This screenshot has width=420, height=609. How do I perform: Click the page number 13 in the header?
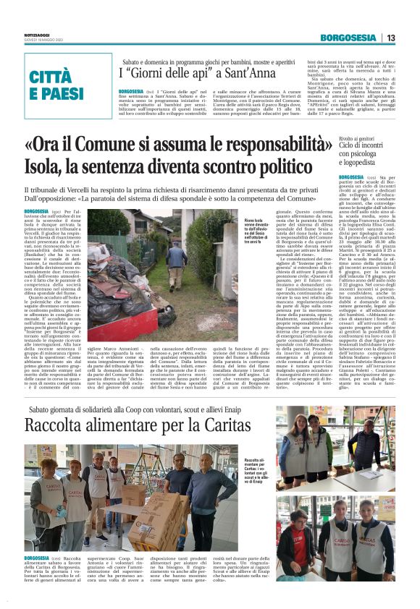[x=409, y=38]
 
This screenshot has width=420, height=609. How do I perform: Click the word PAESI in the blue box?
[x=57, y=94]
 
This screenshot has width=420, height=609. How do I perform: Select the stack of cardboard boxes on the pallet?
[x=151, y=516]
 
